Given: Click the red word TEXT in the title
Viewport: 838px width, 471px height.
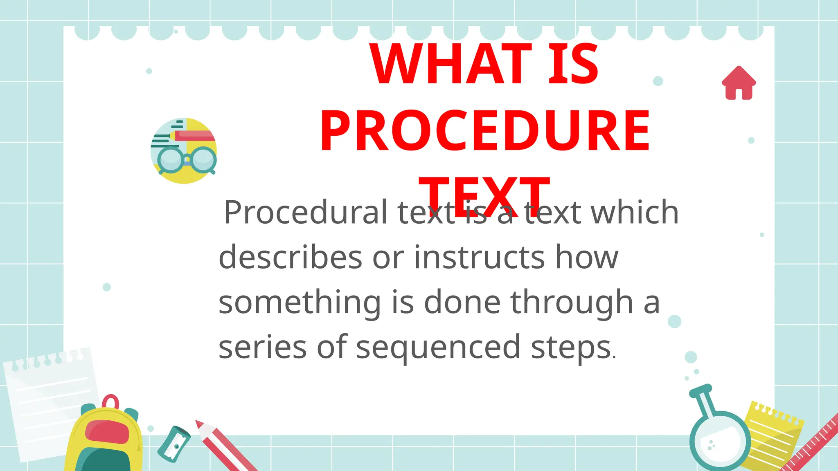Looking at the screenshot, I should click(484, 195).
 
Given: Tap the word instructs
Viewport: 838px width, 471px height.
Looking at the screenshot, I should click(479, 257).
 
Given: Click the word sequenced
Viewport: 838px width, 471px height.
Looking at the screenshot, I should click(438, 347).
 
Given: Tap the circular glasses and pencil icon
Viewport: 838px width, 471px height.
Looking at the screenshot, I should click(184, 151).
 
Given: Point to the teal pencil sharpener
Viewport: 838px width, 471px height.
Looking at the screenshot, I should click(174, 444).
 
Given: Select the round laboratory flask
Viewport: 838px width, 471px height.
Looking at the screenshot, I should click(719, 440).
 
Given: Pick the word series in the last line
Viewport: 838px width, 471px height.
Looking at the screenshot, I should click(262, 347).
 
